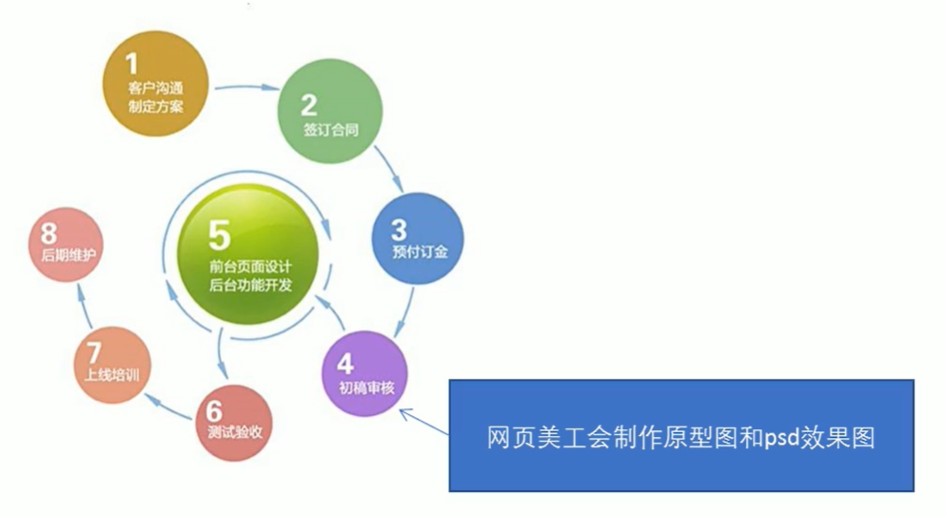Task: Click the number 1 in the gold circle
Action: pyautogui.click(x=131, y=64)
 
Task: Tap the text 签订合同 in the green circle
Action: pyautogui.click(x=330, y=129)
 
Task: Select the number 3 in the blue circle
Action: pyautogui.click(x=399, y=230)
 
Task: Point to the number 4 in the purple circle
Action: pyautogui.click(x=344, y=364)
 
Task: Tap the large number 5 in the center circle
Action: pyautogui.click(x=220, y=233)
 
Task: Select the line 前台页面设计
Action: pyautogui.click(x=250, y=266)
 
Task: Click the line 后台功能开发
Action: pyautogui.click(x=250, y=286)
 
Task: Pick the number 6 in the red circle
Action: pyautogui.click(x=213, y=410)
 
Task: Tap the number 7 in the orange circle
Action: pyautogui.click(x=93, y=352)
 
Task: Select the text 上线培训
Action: pyautogui.click(x=112, y=375)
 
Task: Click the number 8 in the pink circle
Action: pyautogui.click(x=49, y=233)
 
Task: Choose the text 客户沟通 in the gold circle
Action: pyautogui.click(x=154, y=89)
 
